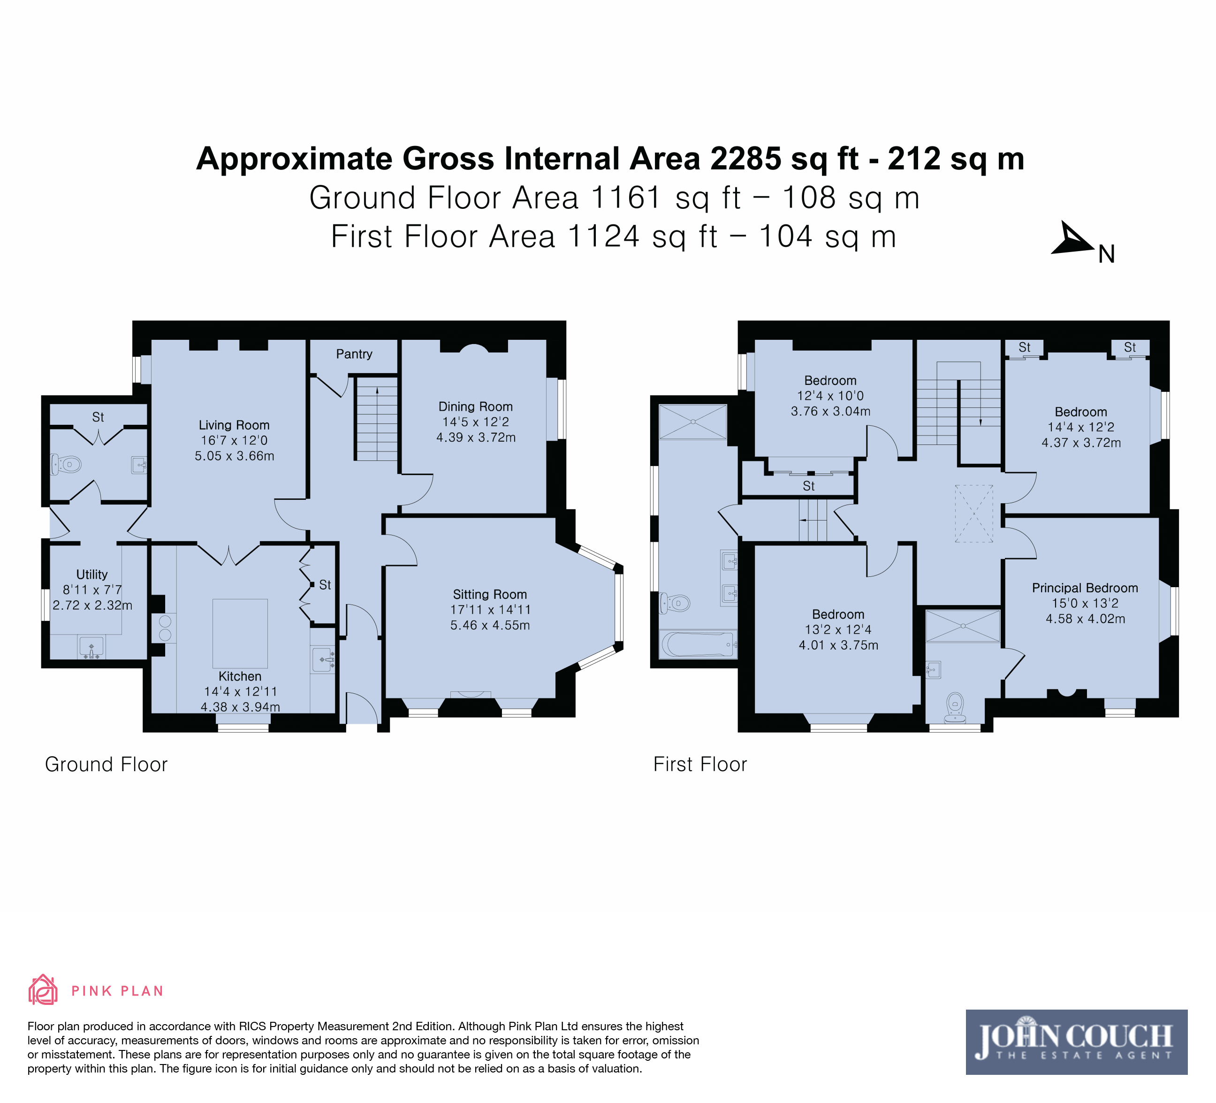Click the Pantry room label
354,354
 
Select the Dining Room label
475,406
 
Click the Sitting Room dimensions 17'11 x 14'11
490,609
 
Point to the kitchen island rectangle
240,634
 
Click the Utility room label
91,574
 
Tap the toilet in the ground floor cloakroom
66,465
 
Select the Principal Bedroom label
1085,588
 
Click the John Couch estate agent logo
1076,1042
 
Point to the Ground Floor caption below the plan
106,765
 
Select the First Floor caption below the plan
700,765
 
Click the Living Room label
234,425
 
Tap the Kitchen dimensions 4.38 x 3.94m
240,706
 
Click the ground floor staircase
376,419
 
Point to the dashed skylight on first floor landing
973,513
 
